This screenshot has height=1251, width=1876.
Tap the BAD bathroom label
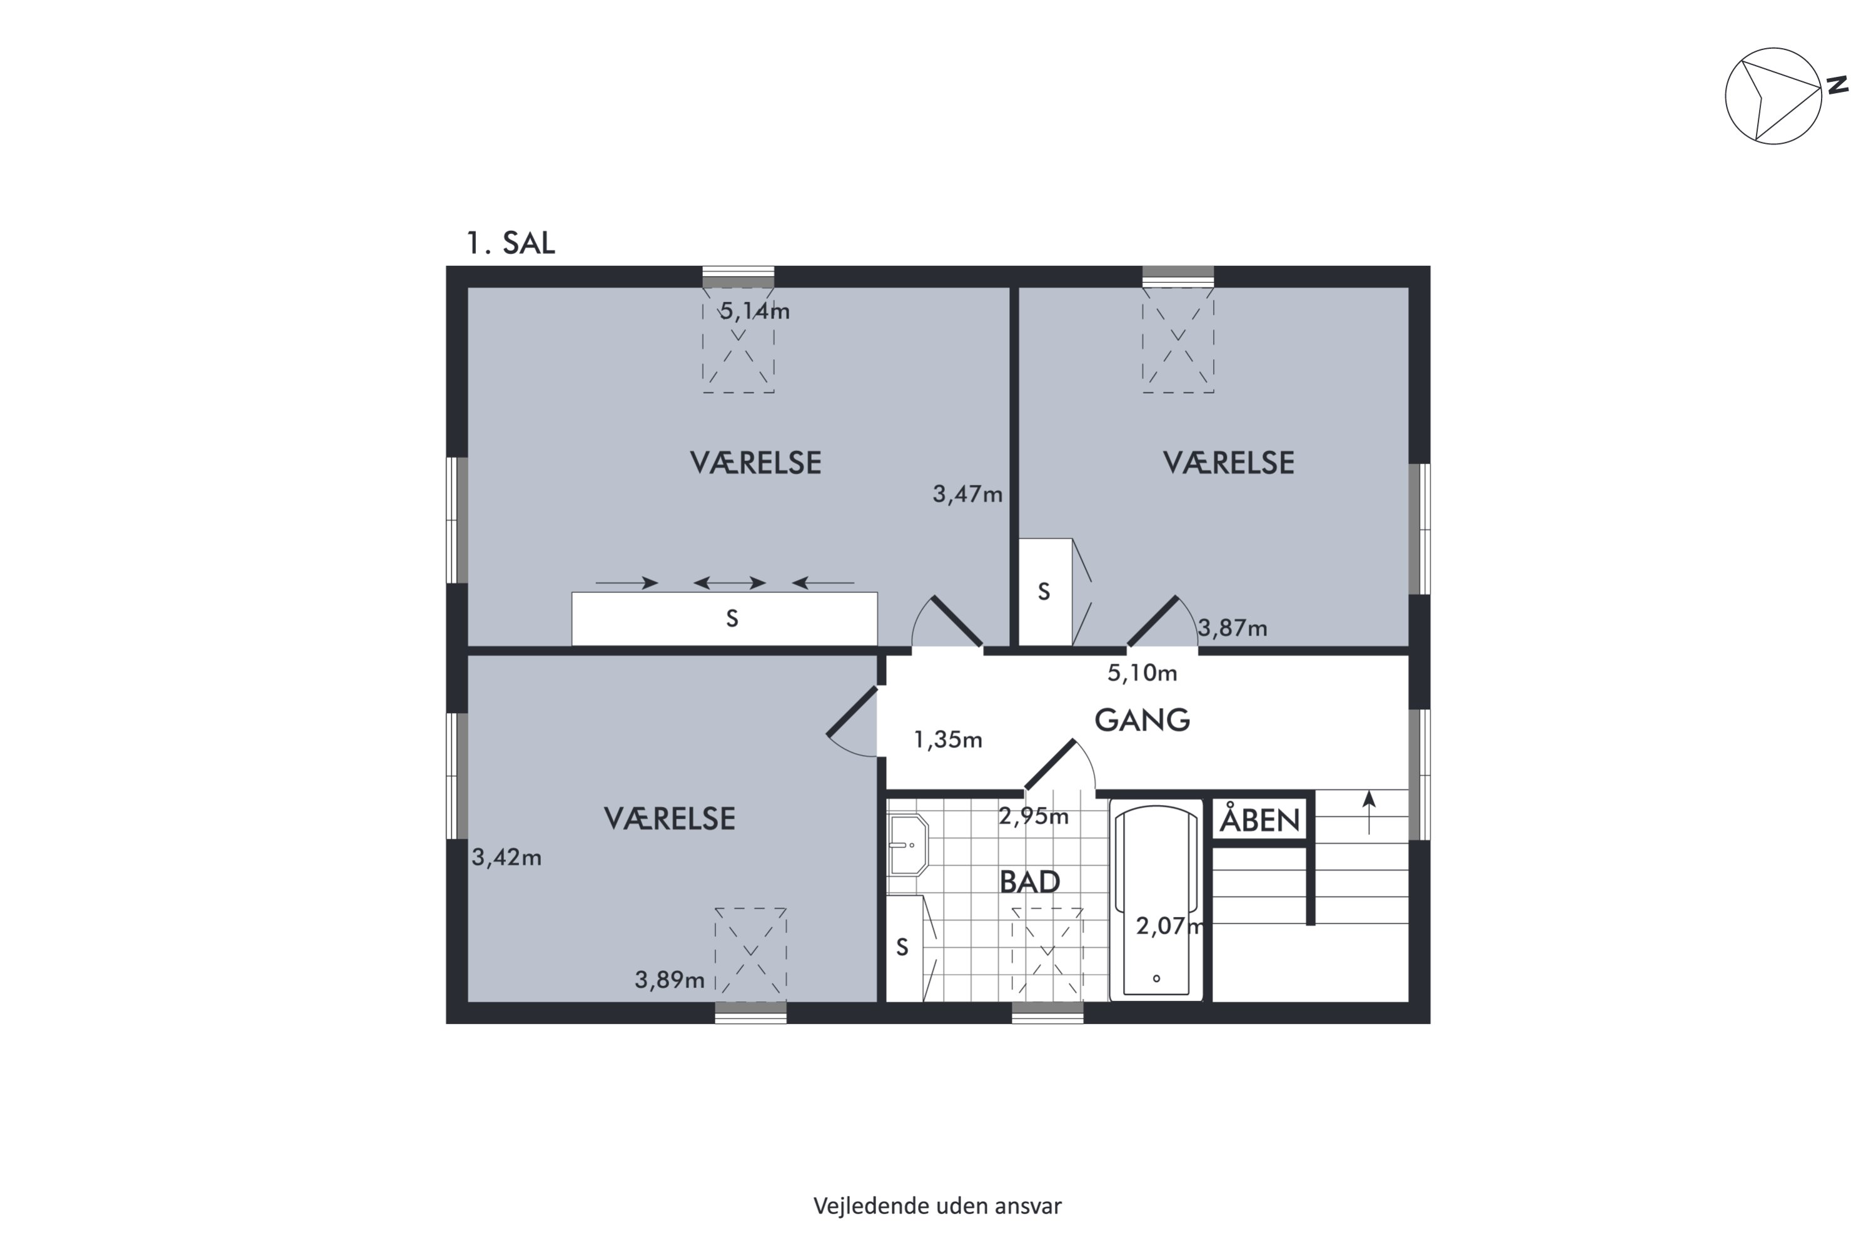[1030, 881]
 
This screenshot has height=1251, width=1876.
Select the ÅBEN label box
[1259, 819]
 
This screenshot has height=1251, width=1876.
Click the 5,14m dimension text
[755, 311]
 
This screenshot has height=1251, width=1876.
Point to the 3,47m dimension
[967, 495]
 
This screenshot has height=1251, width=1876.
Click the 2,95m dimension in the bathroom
[1034, 816]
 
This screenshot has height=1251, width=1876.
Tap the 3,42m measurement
[507, 858]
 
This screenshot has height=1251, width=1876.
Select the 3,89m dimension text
[669, 980]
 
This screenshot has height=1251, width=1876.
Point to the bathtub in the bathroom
[1156, 900]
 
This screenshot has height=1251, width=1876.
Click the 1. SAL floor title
[510, 243]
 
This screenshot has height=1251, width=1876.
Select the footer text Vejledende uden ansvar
[937, 1205]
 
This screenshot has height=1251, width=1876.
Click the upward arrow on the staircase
[1369, 812]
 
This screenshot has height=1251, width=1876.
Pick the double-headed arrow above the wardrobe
[730, 583]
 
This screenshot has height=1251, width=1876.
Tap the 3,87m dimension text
[1233, 629]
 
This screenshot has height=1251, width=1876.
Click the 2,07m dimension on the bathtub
[1170, 926]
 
